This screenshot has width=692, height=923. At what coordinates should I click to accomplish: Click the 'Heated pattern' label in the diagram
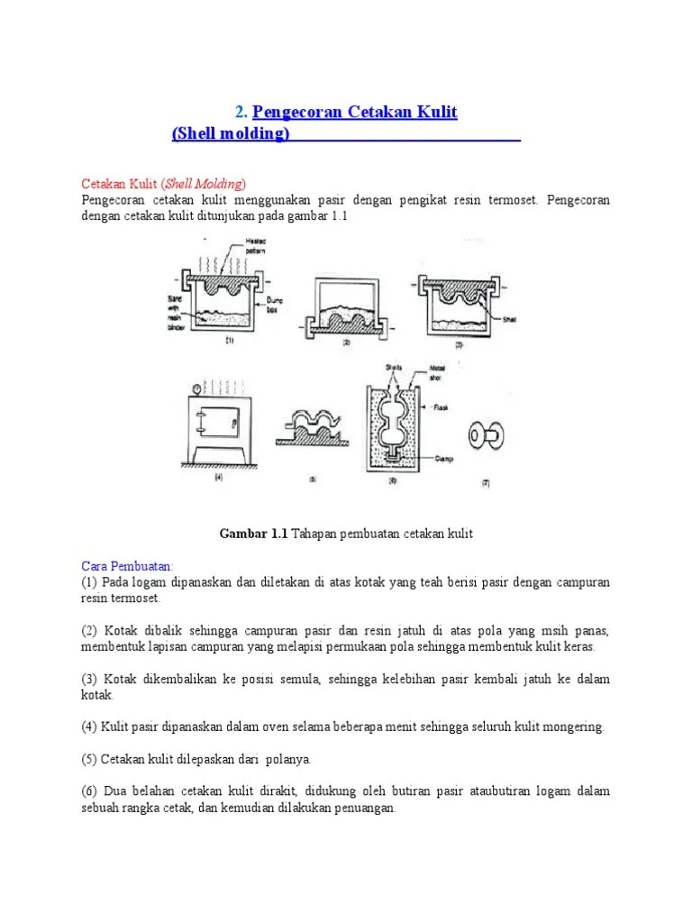[x=254, y=245]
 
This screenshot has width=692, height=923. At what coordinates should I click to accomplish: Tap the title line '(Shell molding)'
[x=231, y=134]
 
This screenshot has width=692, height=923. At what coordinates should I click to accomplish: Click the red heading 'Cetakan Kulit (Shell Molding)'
[x=163, y=184]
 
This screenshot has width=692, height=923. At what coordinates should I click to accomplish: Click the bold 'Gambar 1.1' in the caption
[x=253, y=534]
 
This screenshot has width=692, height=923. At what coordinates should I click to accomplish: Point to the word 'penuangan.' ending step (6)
[x=365, y=809]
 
